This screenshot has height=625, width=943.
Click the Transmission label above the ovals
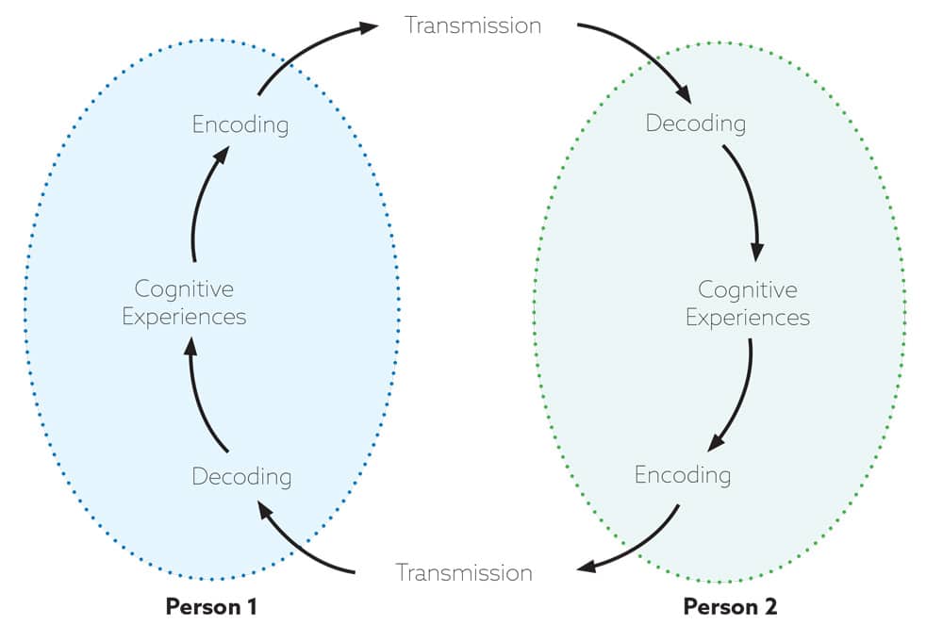pyautogui.click(x=472, y=25)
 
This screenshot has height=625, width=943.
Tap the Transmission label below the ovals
pyautogui.click(x=464, y=572)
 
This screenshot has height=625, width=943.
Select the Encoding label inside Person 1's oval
pyautogui.click(x=240, y=124)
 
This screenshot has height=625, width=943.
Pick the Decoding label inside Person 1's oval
pyautogui.click(x=241, y=476)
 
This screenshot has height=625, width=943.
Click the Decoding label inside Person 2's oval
pyautogui.click(x=695, y=123)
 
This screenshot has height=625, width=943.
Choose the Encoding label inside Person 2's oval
pyautogui.click(x=683, y=473)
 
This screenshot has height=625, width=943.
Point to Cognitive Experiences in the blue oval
pyautogui.click(x=184, y=303)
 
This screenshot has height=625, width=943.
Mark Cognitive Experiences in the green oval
pyautogui.click(x=747, y=304)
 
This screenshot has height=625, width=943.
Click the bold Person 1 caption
pyautogui.click(x=211, y=605)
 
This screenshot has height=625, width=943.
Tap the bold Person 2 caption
pyautogui.click(x=731, y=605)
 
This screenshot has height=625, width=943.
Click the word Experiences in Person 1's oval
pyautogui.click(x=184, y=317)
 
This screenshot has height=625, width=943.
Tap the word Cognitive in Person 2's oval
pyautogui.click(x=747, y=289)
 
